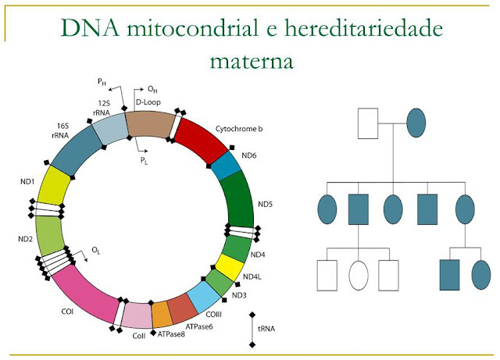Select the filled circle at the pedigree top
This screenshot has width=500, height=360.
click(x=415, y=121)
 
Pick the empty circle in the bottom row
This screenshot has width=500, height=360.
click(x=358, y=276)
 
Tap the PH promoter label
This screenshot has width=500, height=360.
click(x=102, y=81)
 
